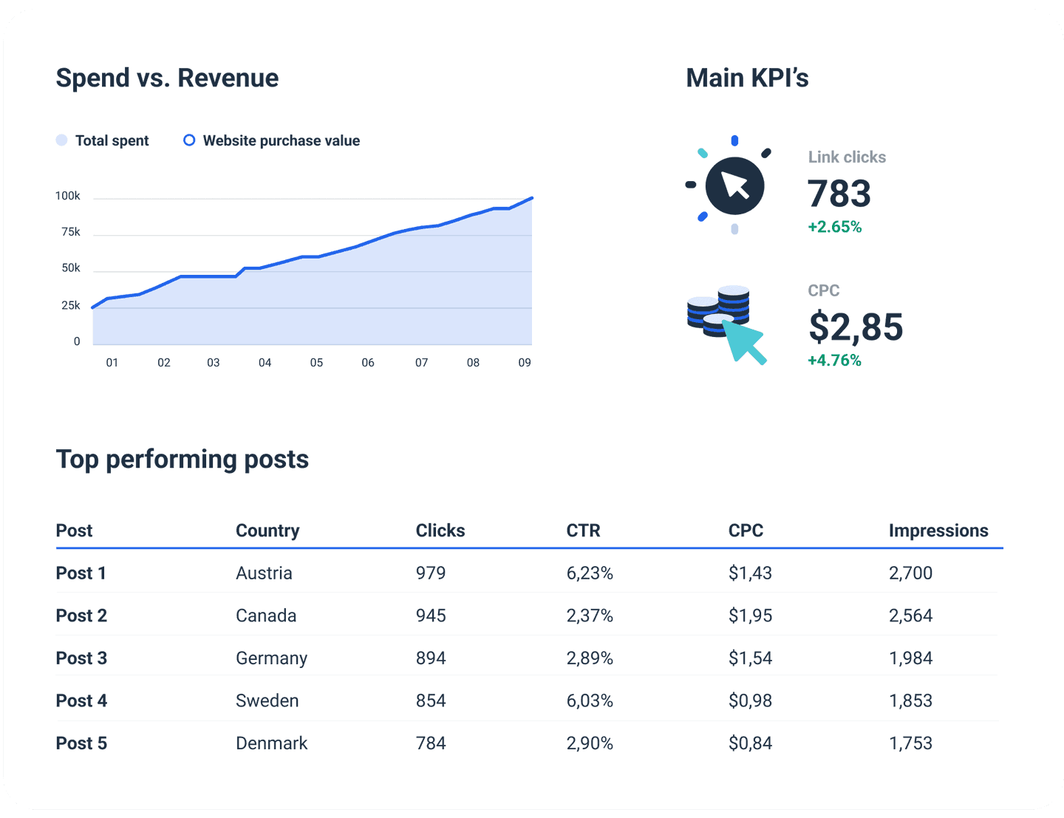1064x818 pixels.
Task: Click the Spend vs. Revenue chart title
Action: pos(167,78)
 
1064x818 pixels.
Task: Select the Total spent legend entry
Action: pos(103,140)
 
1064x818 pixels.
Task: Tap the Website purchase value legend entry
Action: pos(272,140)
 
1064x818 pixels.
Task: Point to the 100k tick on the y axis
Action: pos(68,196)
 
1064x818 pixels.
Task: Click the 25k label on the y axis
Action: pos(71,305)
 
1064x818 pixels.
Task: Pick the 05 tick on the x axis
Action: pos(316,363)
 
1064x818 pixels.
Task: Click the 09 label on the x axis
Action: pos(525,363)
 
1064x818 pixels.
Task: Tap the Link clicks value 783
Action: pos(839,194)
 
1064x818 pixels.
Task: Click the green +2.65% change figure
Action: pos(835,227)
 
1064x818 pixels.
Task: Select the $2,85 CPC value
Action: pos(856,327)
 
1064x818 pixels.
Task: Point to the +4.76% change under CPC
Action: pos(835,361)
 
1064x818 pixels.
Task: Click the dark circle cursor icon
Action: pos(734,185)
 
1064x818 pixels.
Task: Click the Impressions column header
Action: pos(938,531)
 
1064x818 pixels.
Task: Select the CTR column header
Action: pos(583,531)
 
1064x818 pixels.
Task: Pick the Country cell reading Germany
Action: pos(271,658)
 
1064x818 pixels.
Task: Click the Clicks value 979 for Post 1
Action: pos(431,573)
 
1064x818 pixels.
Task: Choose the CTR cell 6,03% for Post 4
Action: pos(590,701)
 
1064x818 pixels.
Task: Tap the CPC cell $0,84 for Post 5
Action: pos(750,743)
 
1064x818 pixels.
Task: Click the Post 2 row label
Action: pos(81,616)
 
